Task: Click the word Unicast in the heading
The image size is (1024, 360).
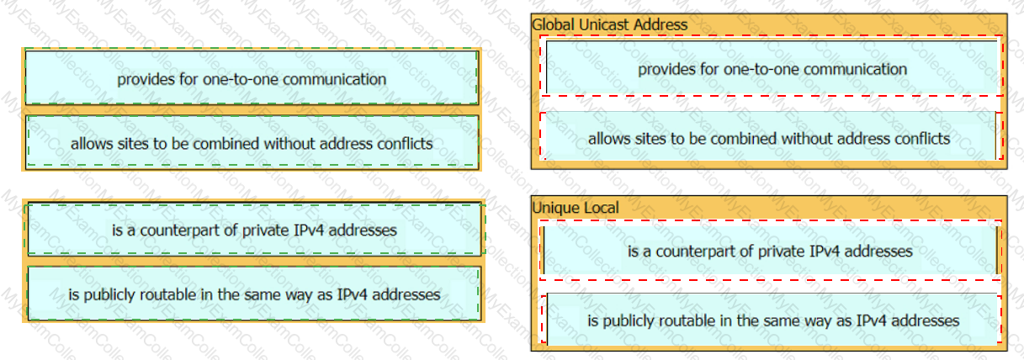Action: pyautogui.click(x=605, y=24)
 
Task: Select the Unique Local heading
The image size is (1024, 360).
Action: pyautogui.click(x=575, y=208)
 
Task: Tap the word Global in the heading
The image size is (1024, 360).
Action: pyautogui.click(x=554, y=24)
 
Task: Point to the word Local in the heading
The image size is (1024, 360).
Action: pyautogui.click(x=599, y=208)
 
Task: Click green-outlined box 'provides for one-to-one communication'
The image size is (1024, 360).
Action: pyautogui.click(x=252, y=77)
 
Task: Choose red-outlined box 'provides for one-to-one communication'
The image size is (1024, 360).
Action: pyautogui.click(x=772, y=66)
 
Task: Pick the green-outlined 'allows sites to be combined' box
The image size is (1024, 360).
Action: pyautogui.click(x=252, y=142)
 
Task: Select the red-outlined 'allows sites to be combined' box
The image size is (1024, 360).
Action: pyautogui.click(x=772, y=136)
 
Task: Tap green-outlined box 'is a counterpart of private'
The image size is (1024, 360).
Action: pyautogui.click(x=255, y=229)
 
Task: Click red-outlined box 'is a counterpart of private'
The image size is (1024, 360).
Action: pyautogui.click(x=770, y=251)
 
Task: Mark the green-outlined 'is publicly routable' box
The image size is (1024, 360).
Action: pyautogui.click(x=254, y=294)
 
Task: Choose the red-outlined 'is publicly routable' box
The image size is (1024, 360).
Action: pyautogui.click(x=772, y=320)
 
